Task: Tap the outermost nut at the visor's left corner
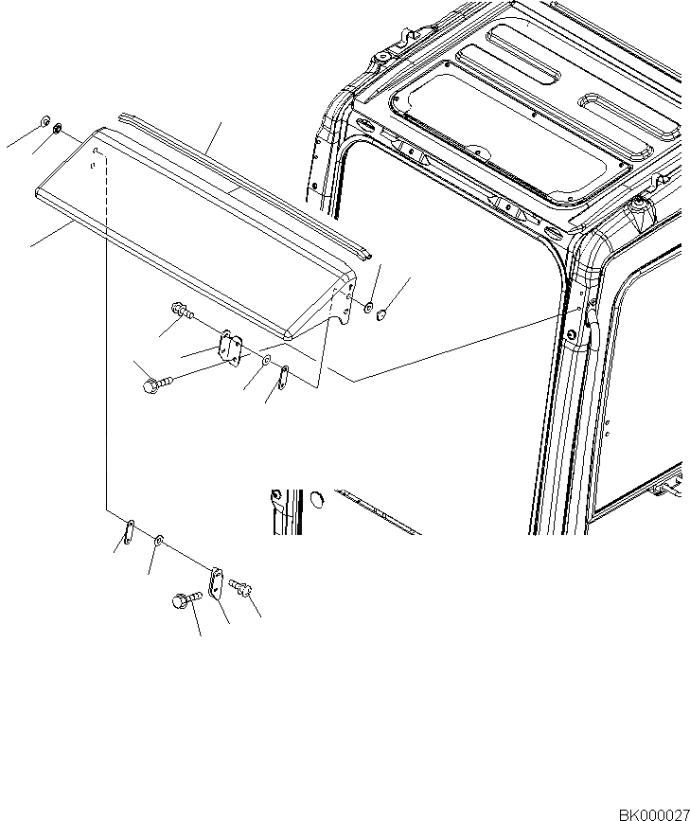pyautogui.click(x=44, y=122)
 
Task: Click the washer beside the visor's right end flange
pyautogui.click(x=368, y=309)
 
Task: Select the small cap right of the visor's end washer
pyautogui.click(x=382, y=314)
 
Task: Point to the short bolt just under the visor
pyautogui.click(x=180, y=310)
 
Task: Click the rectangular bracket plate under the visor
pyautogui.click(x=230, y=347)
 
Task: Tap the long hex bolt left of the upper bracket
pyautogui.click(x=153, y=384)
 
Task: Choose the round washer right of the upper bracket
pyautogui.click(x=267, y=363)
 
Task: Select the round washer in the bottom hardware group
pyautogui.click(x=158, y=540)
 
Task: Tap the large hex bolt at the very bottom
pyautogui.click(x=184, y=600)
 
